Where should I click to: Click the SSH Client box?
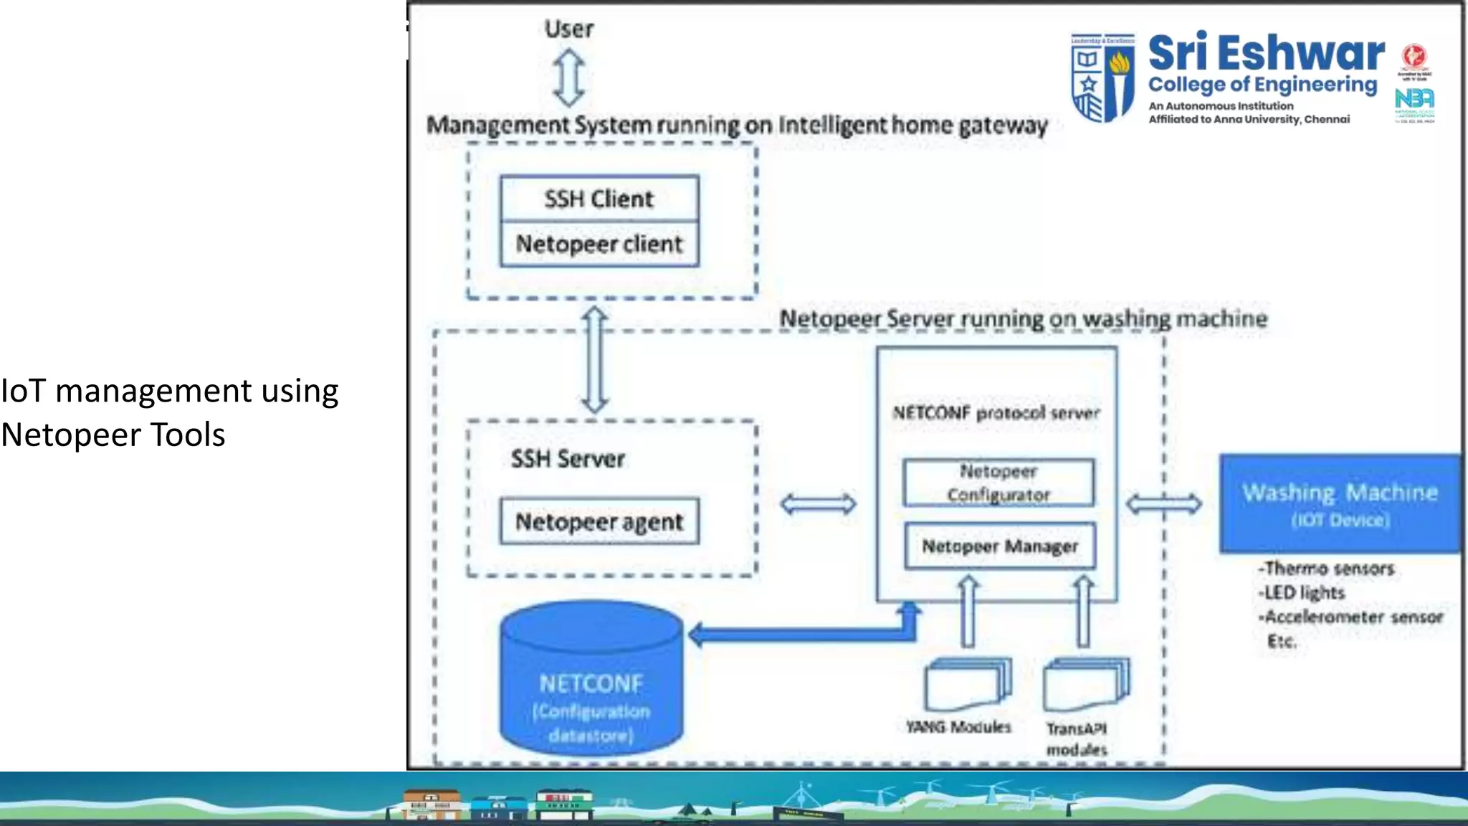point(599,199)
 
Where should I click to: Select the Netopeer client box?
point(599,245)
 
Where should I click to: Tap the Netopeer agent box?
point(599,521)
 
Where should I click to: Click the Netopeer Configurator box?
point(998,483)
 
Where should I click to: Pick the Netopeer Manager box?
point(1000,546)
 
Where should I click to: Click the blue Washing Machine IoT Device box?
point(1340,503)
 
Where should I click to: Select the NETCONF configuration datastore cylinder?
point(591,681)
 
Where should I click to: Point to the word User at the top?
point(569,29)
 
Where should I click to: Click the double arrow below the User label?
point(569,77)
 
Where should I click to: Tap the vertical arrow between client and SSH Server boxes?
point(595,360)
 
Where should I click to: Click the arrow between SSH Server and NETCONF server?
point(818,504)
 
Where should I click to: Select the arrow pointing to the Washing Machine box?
point(1164,504)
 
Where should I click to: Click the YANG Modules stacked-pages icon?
point(967,684)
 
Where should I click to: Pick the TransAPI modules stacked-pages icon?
point(1085,685)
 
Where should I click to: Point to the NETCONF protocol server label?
point(996,413)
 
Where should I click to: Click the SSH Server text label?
point(568,459)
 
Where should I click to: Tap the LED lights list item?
point(1303,593)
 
